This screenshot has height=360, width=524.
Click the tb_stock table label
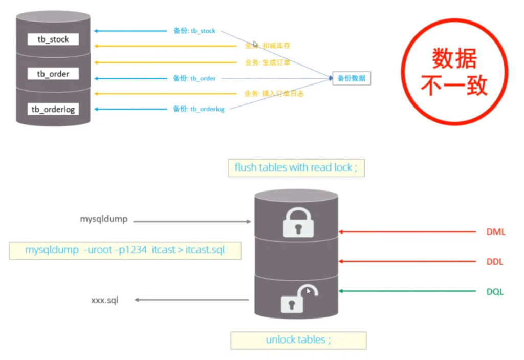pos(53,39)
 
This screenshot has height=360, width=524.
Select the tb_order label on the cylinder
pos(53,74)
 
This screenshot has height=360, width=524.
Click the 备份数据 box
pos(351,78)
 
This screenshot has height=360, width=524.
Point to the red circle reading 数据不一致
pos(454,72)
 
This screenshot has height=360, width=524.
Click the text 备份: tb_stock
pos(194,31)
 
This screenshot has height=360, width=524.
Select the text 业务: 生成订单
pos(267,62)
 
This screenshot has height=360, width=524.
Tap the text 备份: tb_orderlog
pos(199,109)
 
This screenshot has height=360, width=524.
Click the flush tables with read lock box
pos(296,167)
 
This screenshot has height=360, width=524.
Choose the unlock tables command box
pos(298,340)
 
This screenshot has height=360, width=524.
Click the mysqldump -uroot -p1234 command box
pos(125,250)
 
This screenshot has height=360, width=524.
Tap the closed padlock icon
pos(297,221)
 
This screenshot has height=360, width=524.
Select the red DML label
pos(495,232)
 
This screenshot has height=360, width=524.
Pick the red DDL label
pos(495,262)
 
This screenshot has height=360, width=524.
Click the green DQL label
pos(495,292)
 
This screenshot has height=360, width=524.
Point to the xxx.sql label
pos(104,300)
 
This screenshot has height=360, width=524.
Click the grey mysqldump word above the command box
pos(103,219)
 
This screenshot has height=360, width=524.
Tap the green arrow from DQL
pos(409,292)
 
